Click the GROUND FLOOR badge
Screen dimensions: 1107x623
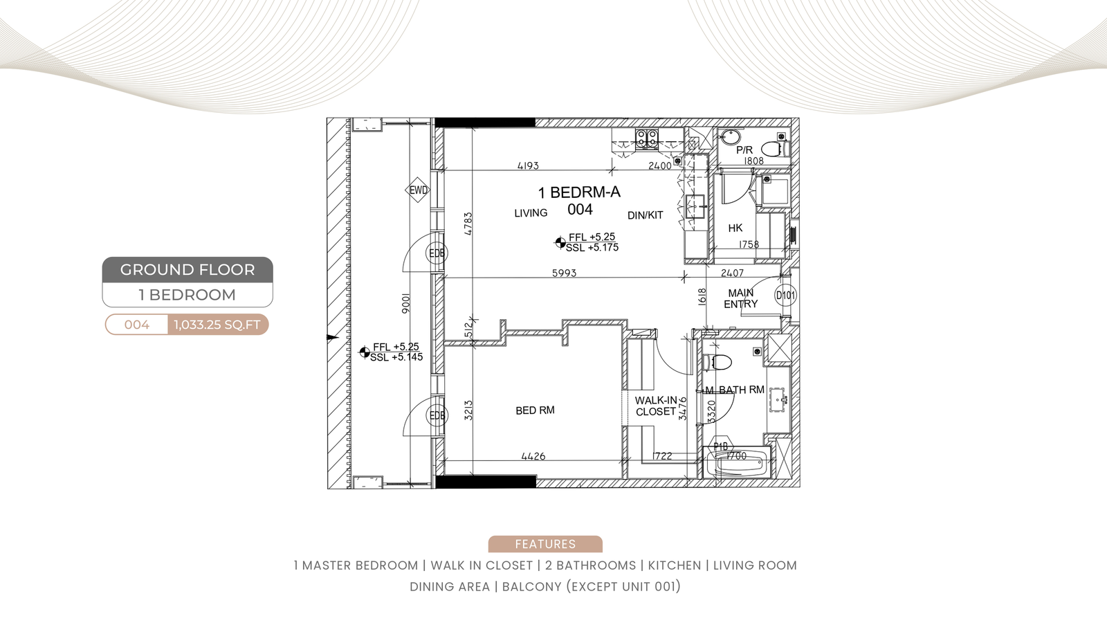187,269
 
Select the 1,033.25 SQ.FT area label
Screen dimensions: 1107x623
217,325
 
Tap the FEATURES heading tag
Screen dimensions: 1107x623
545,544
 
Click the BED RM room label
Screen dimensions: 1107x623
535,410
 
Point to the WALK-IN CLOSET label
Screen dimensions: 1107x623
656,406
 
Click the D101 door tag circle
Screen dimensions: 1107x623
785,296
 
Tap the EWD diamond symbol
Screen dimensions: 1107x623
418,190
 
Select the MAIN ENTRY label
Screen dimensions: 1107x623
740,298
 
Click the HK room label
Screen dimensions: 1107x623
735,228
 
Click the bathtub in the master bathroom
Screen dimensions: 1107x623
737,463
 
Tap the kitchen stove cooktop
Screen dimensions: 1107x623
647,138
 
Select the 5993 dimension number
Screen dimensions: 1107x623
564,273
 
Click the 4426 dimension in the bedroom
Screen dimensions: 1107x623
533,456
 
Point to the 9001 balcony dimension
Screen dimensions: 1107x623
405,304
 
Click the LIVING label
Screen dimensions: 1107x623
531,213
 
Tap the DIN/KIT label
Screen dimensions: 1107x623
645,215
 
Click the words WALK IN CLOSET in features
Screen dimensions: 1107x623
482,565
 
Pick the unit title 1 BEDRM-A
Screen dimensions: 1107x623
579,192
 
